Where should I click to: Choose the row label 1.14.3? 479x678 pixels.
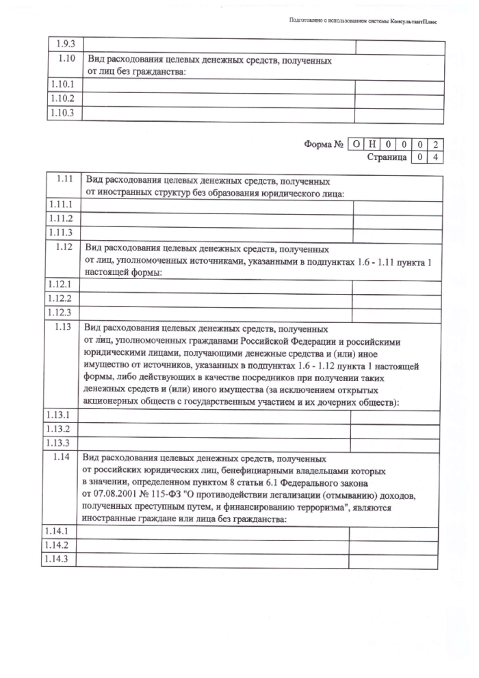[58, 559]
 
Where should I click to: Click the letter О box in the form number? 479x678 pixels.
[356, 144]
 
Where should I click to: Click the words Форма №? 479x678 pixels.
[324, 144]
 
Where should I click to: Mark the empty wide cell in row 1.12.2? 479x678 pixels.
[216, 298]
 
